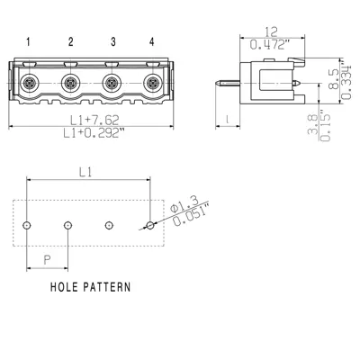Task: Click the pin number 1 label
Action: click(x=29, y=41)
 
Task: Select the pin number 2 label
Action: click(x=70, y=41)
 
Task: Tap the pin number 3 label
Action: click(x=112, y=41)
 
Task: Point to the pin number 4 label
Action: click(x=151, y=41)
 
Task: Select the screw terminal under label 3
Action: click(x=112, y=85)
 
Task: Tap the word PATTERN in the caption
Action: click(x=104, y=288)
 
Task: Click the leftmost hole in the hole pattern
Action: click(x=29, y=223)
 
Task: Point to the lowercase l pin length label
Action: click(x=230, y=118)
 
